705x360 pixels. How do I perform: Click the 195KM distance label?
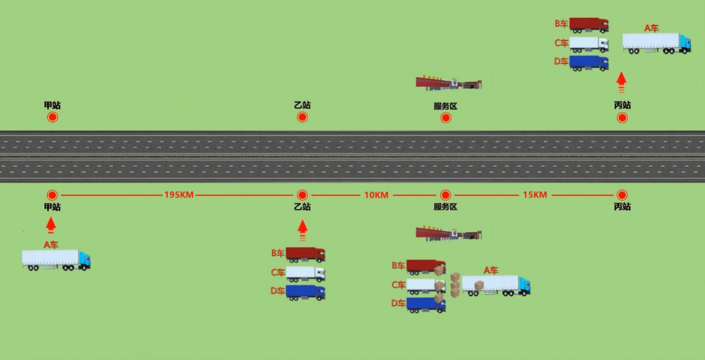(x=178, y=195)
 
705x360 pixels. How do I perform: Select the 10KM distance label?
(x=376, y=195)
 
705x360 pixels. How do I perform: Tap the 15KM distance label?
(x=534, y=195)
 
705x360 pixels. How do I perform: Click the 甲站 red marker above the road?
(x=52, y=117)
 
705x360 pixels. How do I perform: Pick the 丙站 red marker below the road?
(x=622, y=196)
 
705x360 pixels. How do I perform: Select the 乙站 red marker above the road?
(x=302, y=117)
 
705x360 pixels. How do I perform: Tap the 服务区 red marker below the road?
(x=445, y=196)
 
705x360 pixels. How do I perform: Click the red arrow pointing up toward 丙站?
(x=621, y=81)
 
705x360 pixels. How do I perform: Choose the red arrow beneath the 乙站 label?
(x=302, y=229)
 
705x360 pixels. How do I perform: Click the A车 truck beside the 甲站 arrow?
(x=56, y=259)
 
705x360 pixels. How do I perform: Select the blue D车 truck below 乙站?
(x=305, y=292)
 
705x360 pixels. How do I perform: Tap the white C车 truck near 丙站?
(x=588, y=43)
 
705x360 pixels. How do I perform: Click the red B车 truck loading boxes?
(x=426, y=267)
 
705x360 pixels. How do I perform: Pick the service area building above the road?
(x=448, y=83)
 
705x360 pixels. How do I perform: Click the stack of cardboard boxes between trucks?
(x=455, y=285)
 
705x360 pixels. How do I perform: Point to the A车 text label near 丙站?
(x=651, y=28)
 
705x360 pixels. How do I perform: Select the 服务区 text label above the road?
(x=445, y=106)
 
